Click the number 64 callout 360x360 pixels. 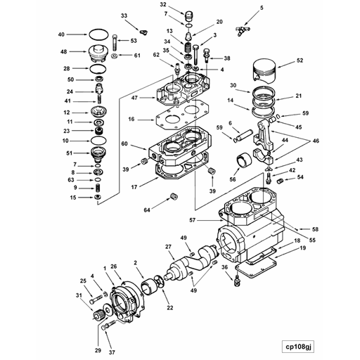coord(148,210)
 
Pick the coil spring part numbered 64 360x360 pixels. coord(171,197)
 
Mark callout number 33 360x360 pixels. coord(124,15)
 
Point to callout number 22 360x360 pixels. coord(169,307)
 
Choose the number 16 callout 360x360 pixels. coord(131,120)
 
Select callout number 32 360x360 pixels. coord(162,4)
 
